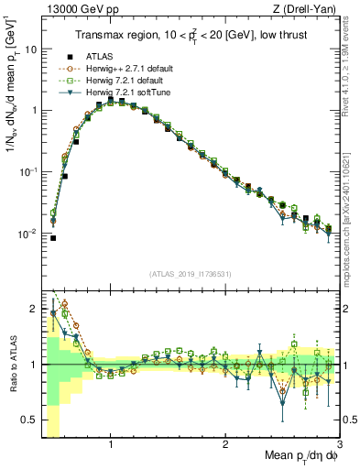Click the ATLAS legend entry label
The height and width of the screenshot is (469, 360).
pyautogui.click(x=98, y=55)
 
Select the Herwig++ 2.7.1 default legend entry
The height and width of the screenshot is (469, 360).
pyautogui.click(x=122, y=68)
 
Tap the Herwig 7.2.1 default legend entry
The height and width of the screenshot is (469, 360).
pyautogui.click(x=119, y=80)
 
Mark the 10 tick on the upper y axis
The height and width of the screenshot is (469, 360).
pyautogui.click(x=27, y=49)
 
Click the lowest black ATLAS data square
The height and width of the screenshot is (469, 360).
pyautogui.click(x=53, y=238)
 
